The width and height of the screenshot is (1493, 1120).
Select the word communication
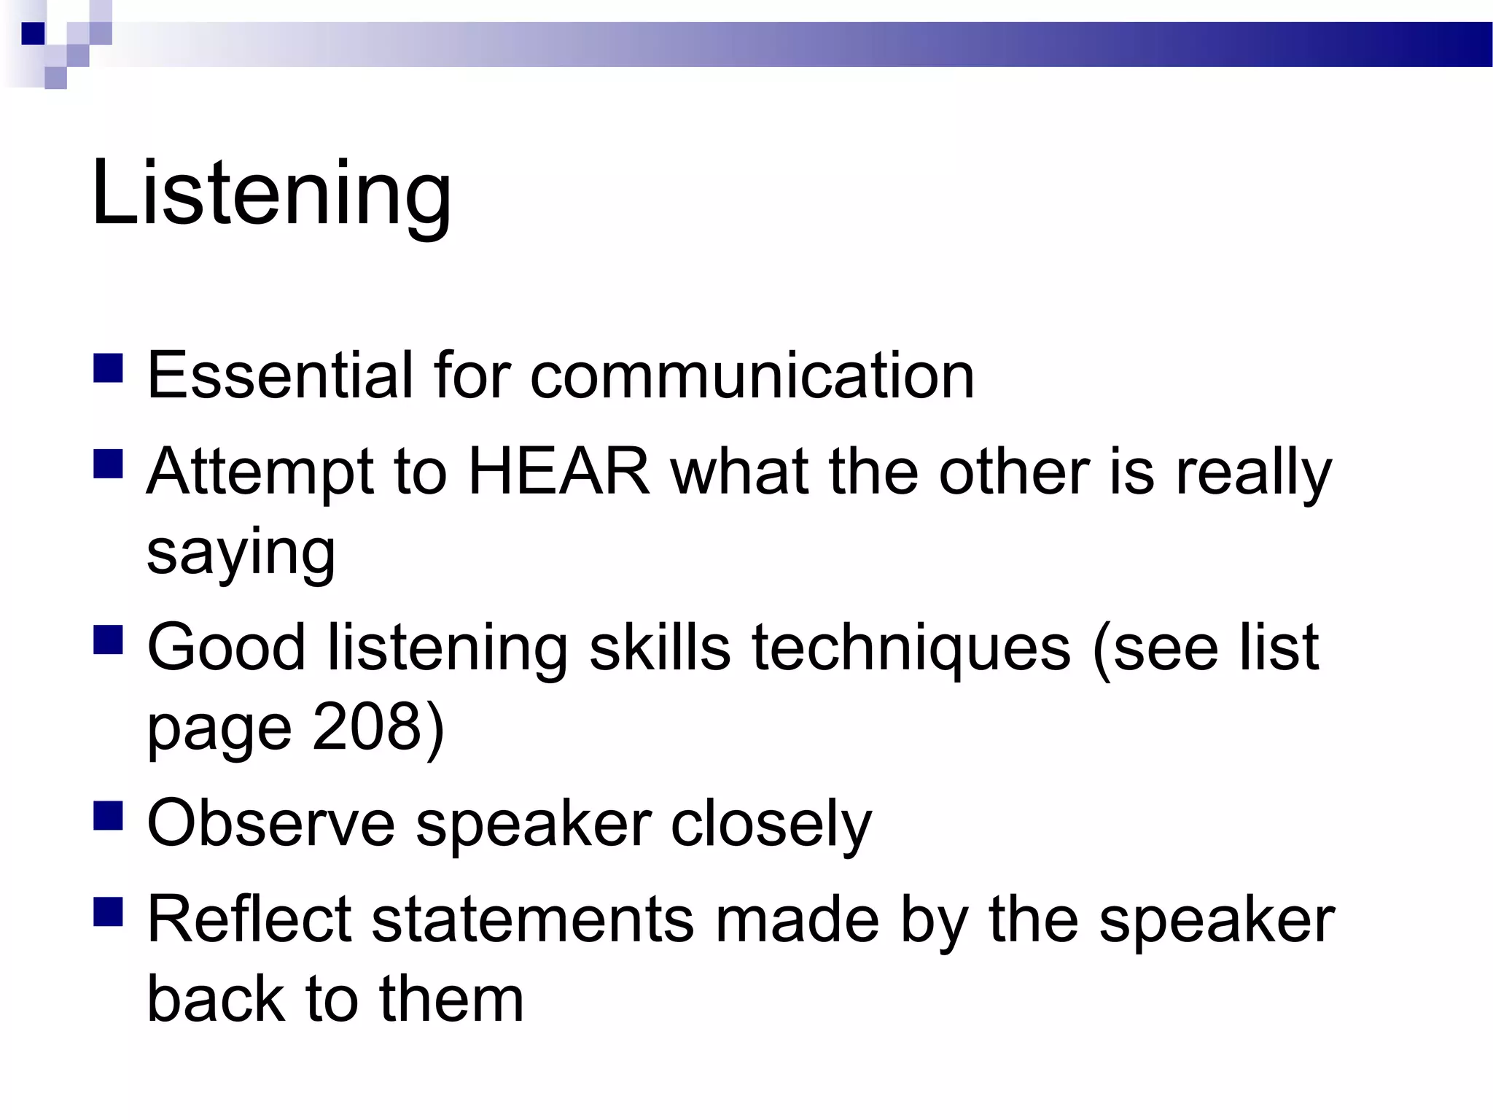click(x=752, y=375)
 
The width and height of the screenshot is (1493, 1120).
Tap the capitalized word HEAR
click(x=558, y=471)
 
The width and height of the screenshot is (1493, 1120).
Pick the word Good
click(x=226, y=647)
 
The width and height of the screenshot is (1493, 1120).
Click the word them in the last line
click(x=451, y=999)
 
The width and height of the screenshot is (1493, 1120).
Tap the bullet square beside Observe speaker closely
click(x=108, y=816)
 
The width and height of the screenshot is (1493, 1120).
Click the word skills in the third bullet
click(x=660, y=647)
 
